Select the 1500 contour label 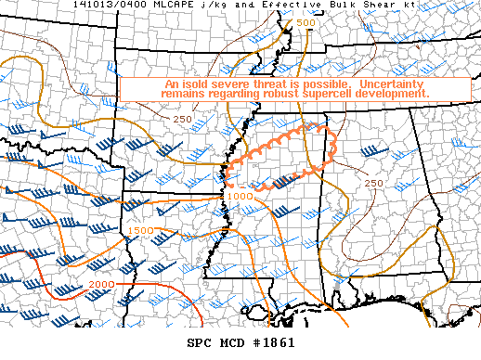142,230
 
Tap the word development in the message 394,95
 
